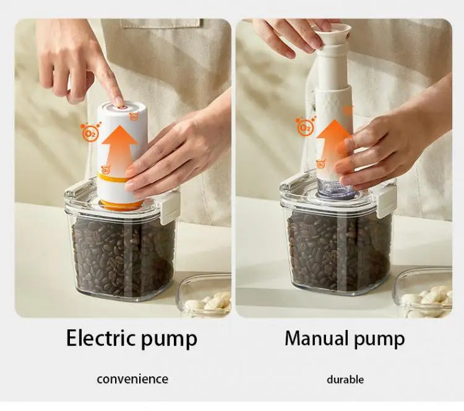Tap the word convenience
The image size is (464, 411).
(132, 379)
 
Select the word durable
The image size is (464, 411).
(345, 379)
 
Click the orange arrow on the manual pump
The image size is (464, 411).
(335, 139)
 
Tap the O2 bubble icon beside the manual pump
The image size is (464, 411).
(305, 128)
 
